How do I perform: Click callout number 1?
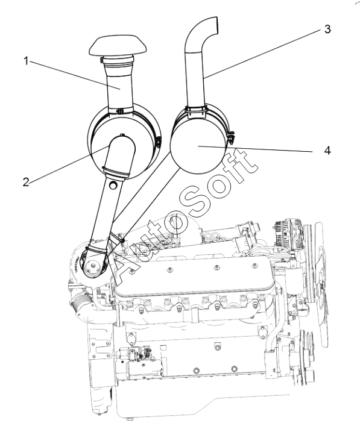tap(26, 61)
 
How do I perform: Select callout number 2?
tap(26, 182)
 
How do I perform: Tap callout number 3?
tap(327, 29)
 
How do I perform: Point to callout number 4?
tap(327, 151)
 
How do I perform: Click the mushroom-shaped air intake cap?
tap(118, 46)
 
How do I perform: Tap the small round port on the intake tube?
tap(113, 185)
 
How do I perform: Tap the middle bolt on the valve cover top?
tap(216, 267)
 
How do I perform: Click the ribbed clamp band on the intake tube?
tap(116, 172)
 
